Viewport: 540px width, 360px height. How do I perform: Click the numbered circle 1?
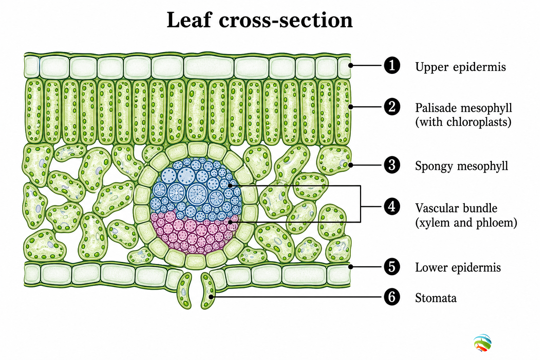(392, 65)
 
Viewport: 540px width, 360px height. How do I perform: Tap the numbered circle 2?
(392, 107)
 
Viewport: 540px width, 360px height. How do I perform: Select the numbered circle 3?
(392, 165)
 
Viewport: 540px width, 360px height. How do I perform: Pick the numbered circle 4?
(392, 207)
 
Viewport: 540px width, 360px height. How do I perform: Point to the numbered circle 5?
(392, 267)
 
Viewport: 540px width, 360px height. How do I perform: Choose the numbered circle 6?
(392, 297)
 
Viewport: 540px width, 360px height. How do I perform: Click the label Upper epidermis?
(461, 67)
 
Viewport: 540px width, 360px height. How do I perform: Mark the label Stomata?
(436, 298)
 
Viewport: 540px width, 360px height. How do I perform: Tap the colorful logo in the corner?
(482, 343)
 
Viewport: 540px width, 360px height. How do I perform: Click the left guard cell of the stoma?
(185, 291)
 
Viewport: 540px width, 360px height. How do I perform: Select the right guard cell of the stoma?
(208, 291)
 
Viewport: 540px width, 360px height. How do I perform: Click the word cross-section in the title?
(286, 20)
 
